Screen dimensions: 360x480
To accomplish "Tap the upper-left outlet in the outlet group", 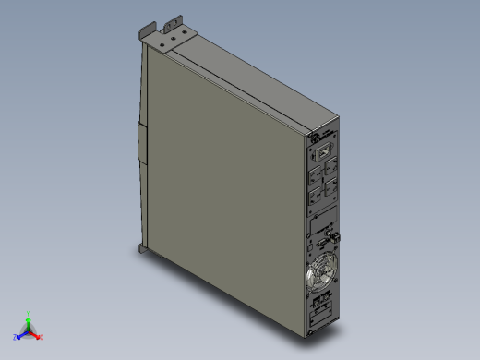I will tap(316, 171).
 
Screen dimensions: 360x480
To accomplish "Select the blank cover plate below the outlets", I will tap(323, 222).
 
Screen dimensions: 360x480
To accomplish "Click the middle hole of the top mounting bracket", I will tap(170, 40).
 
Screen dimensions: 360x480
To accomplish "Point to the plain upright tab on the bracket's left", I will tap(144, 30).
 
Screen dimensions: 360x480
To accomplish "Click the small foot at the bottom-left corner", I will tap(141, 248).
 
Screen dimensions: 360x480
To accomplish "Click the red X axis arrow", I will tap(39, 337).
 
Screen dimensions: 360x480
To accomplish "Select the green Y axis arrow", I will tap(29, 317).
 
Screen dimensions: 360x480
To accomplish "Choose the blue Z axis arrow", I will tap(18, 336).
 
